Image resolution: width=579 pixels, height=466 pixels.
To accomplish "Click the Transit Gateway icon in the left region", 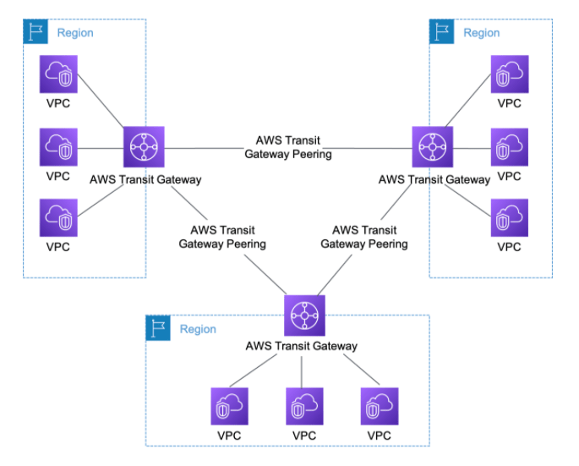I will (x=144, y=147).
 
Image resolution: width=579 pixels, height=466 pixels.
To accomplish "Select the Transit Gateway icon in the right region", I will (x=433, y=147).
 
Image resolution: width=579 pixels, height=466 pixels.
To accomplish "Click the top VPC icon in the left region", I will (x=59, y=75).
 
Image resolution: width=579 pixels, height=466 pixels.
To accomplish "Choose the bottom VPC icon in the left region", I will (x=59, y=218).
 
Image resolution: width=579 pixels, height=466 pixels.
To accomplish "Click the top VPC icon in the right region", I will (x=510, y=75).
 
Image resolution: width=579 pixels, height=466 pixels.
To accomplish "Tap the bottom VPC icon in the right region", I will (x=510, y=218).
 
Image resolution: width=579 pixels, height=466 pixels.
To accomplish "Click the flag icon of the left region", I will (x=36, y=32).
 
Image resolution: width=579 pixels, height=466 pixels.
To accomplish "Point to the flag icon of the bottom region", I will (x=157, y=328).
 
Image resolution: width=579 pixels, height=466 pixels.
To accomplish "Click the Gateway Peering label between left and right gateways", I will (x=288, y=147).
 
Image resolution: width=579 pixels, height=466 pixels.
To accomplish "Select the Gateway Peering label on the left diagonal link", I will (x=222, y=237).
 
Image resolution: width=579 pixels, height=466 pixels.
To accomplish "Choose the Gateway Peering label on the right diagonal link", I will (x=364, y=237).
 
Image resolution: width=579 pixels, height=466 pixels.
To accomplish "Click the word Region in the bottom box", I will (x=198, y=329).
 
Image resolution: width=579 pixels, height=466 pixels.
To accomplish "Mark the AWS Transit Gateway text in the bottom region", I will (x=301, y=346).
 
